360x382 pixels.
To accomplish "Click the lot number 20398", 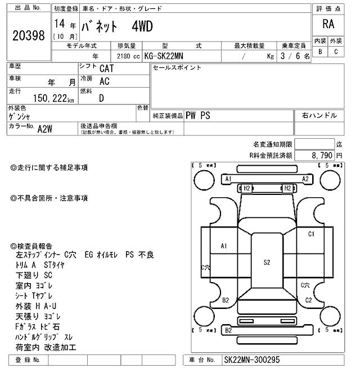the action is [28, 35].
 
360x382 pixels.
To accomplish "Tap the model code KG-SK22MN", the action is [168, 56].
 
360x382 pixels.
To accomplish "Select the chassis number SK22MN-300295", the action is [251, 360].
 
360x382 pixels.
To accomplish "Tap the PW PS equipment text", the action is [198, 115].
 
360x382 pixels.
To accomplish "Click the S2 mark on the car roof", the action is [267, 262].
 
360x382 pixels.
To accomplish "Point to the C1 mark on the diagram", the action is [311, 234].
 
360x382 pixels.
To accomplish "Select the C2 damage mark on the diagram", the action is [308, 300].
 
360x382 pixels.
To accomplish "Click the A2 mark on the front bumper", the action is [305, 179].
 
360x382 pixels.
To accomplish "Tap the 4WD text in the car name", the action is [142, 26].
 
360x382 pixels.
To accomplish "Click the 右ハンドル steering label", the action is [319, 115].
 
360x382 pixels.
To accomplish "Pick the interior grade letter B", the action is [320, 52].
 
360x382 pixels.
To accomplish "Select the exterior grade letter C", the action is [336, 52].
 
